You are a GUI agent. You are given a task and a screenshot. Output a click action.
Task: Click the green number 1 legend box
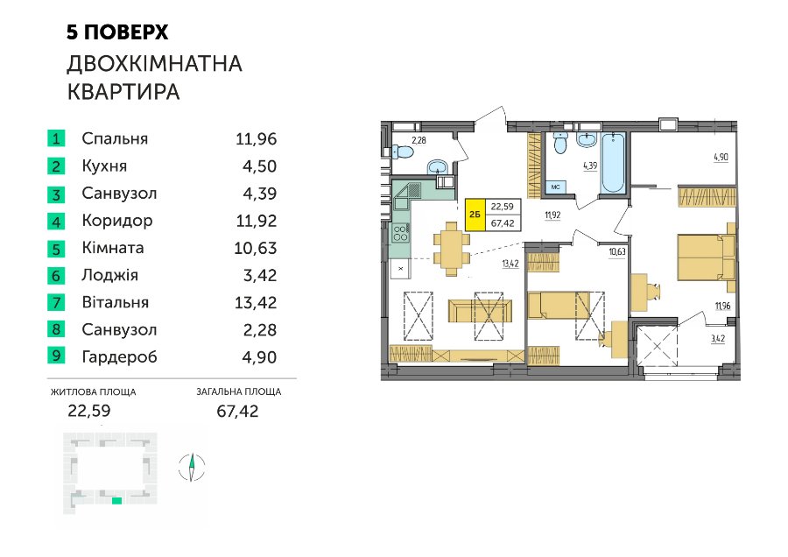pyautogui.click(x=56, y=138)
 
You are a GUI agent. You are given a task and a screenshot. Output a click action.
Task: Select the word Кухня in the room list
pyautogui.click(x=104, y=166)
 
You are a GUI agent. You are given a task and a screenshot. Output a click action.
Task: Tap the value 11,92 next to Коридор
pyautogui.click(x=257, y=221)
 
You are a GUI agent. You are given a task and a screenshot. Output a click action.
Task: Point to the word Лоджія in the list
pyautogui.click(x=110, y=276)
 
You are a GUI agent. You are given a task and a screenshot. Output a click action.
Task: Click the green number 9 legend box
pyautogui.click(x=56, y=356)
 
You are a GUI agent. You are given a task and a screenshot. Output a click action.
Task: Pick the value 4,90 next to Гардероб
pyautogui.click(x=259, y=357)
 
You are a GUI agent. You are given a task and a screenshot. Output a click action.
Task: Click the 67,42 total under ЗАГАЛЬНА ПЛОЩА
pyautogui.click(x=237, y=412)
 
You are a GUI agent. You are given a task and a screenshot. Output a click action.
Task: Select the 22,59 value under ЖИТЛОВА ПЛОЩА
pyautogui.click(x=89, y=411)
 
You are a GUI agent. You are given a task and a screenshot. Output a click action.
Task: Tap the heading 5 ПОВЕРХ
pyautogui.click(x=117, y=32)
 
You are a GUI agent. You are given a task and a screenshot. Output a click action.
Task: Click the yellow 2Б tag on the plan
pyautogui.click(x=475, y=215)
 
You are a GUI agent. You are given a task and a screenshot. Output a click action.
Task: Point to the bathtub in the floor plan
pyautogui.click(x=613, y=162)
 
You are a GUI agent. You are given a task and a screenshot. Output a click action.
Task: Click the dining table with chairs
pyautogui.click(x=451, y=249)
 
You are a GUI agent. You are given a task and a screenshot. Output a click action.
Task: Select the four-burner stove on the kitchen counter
pyautogui.click(x=400, y=233)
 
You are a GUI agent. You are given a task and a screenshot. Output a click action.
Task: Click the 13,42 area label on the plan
pyautogui.click(x=510, y=264)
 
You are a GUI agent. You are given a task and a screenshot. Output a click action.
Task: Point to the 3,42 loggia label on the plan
pyautogui.click(x=718, y=339)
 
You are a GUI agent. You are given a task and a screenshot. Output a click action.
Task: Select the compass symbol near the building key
pyautogui.click(x=192, y=467)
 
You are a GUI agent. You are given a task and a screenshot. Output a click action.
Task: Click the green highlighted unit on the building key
pyautogui.click(x=116, y=500)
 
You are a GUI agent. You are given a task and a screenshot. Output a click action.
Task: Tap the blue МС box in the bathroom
pyautogui.click(x=556, y=187)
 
